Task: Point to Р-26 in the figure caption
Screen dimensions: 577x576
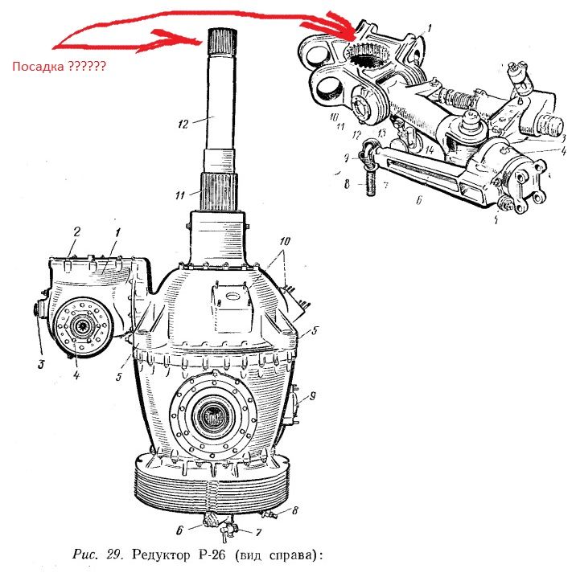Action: pos(207,555)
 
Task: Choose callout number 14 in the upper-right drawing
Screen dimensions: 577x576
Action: pos(431,149)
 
